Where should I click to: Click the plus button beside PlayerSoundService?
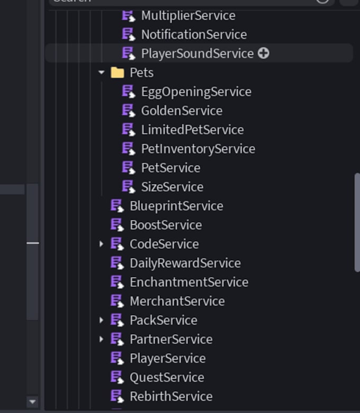[264, 53]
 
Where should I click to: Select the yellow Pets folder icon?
[118, 72]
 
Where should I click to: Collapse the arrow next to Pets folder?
[101, 72]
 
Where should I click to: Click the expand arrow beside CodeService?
[101, 244]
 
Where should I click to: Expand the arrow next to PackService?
[101, 320]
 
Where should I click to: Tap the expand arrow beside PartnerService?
[101, 339]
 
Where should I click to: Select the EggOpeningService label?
[196, 92]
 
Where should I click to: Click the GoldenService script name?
[182, 111]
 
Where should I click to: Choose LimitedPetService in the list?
[193, 130]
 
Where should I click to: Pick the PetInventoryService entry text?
[198, 149]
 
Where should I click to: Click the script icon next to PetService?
[129, 168]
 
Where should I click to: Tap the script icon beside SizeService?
[129, 187]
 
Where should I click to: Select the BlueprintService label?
[176, 206]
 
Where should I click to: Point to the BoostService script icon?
[117, 225]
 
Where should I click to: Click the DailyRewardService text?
[185, 263]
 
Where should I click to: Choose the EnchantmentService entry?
[189, 282]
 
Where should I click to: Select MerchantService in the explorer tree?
[177, 301]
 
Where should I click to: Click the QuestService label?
[167, 378]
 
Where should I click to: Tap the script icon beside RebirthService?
[117, 397]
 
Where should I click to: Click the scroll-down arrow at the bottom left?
[33, 402]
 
